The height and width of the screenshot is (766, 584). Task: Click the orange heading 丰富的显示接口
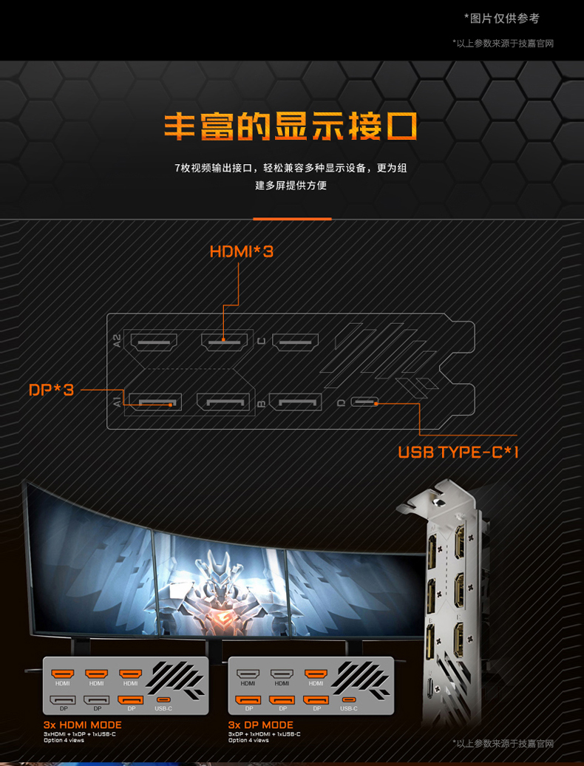[x=291, y=126]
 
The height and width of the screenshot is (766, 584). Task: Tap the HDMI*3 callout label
[x=241, y=252]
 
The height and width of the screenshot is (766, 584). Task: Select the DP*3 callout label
[x=52, y=389]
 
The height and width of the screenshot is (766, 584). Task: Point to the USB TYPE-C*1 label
[x=458, y=452]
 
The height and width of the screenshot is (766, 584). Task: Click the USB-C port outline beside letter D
[x=364, y=403]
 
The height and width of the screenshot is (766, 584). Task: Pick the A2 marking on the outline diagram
[x=117, y=341]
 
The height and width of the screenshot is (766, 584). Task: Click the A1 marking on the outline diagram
[x=117, y=402]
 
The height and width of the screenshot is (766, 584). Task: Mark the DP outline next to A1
[x=155, y=401]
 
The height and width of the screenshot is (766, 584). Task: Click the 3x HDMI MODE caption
[x=82, y=725]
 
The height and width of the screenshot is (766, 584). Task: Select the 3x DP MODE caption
[x=260, y=725]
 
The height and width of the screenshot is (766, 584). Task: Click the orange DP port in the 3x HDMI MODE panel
[x=131, y=700]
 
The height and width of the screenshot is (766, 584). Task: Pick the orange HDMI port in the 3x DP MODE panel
[x=316, y=674]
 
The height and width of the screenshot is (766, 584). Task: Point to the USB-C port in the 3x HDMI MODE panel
[x=163, y=700]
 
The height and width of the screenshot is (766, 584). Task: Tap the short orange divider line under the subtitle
[x=292, y=219]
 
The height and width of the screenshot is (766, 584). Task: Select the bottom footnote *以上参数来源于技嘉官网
[x=503, y=743]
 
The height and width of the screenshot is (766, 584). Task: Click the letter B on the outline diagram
[x=261, y=404]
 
